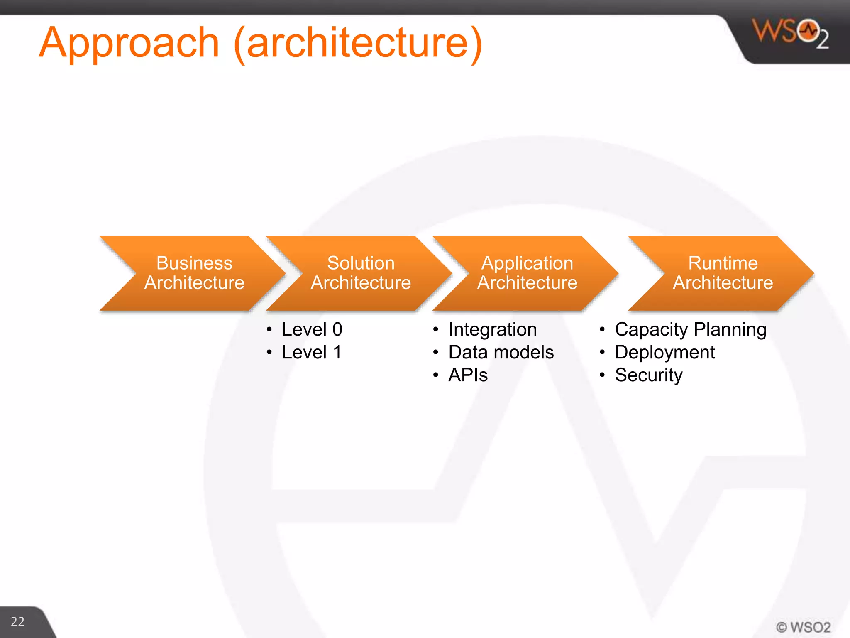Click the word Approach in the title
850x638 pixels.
tap(129, 43)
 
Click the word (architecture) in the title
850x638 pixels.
tap(358, 43)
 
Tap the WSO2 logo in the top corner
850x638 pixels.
tap(790, 33)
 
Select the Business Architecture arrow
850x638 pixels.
tap(194, 273)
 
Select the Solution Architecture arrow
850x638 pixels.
tap(360, 273)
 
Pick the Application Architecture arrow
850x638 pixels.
tap(527, 273)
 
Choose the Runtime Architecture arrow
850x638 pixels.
tap(723, 273)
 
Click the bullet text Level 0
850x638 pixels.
tap(312, 329)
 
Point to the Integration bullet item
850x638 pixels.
tap(492, 329)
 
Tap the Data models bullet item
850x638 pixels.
tap(501, 352)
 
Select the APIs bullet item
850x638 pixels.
tap(468, 375)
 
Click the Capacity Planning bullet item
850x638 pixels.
tap(690, 329)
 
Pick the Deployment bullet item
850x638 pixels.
tap(664, 352)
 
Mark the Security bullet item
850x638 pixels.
tap(648, 375)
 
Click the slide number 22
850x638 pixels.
tap(17, 621)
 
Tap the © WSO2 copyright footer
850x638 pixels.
tap(803, 627)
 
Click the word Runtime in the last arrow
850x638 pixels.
tap(723, 263)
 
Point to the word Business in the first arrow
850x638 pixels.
tap(194, 263)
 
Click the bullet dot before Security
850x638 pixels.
tap(602, 375)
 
